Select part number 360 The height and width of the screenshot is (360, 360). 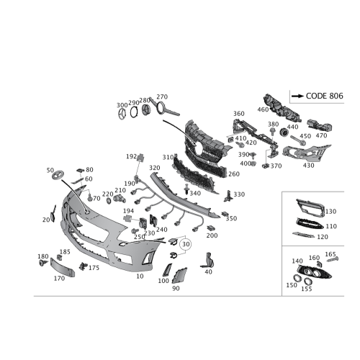pyautogui.click(x=240, y=113)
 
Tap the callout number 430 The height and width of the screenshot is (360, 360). pyautogui.click(x=310, y=165)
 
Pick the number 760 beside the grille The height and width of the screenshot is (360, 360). pyautogui.click(x=232, y=174)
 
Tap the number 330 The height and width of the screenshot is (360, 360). pyautogui.click(x=240, y=194)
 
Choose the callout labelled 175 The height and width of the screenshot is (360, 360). pyautogui.click(x=93, y=268)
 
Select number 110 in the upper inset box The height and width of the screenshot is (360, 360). pyautogui.click(x=332, y=225)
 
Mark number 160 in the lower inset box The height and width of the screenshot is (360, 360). pyautogui.click(x=314, y=257)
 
